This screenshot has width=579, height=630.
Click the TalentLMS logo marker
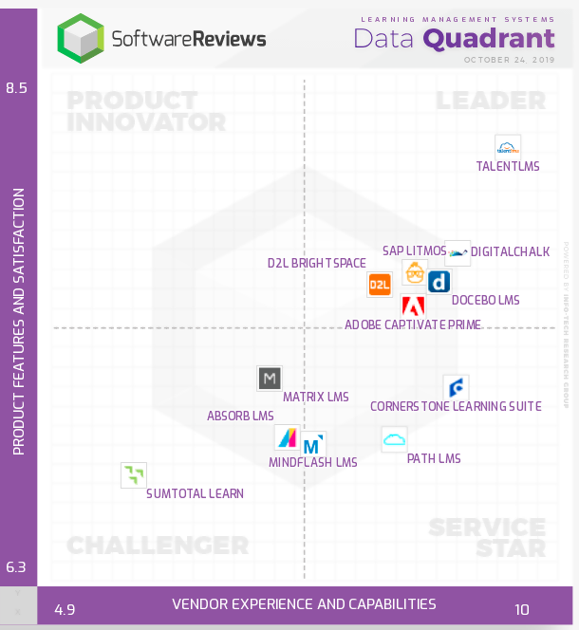click(x=508, y=147)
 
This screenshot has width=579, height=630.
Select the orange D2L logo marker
click(x=380, y=284)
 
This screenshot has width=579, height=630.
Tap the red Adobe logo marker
click(x=413, y=306)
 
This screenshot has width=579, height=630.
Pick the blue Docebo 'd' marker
click(x=439, y=282)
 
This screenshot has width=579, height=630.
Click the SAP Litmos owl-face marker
click(x=415, y=272)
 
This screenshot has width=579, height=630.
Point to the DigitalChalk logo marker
click(x=458, y=252)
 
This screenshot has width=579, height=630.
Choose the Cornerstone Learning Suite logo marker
click(x=456, y=387)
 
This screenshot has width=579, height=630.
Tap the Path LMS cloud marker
click(x=394, y=438)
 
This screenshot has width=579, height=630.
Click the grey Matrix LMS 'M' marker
click(x=270, y=379)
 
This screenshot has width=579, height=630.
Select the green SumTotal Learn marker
click(x=134, y=474)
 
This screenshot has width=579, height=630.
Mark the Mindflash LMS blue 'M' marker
click(x=312, y=445)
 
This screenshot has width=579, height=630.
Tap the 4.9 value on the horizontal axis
click(x=65, y=609)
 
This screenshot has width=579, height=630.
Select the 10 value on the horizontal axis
click(x=522, y=609)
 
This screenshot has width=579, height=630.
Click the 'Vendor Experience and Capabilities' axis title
click(x=304, y=604)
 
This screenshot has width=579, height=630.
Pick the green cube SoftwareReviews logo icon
click(x=81, y=38)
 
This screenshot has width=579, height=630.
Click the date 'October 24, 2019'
click(x=509, y=59)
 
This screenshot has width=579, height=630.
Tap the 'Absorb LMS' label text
click(x=240, y=416)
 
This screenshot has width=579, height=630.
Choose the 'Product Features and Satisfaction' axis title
click(x=18, y=321)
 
